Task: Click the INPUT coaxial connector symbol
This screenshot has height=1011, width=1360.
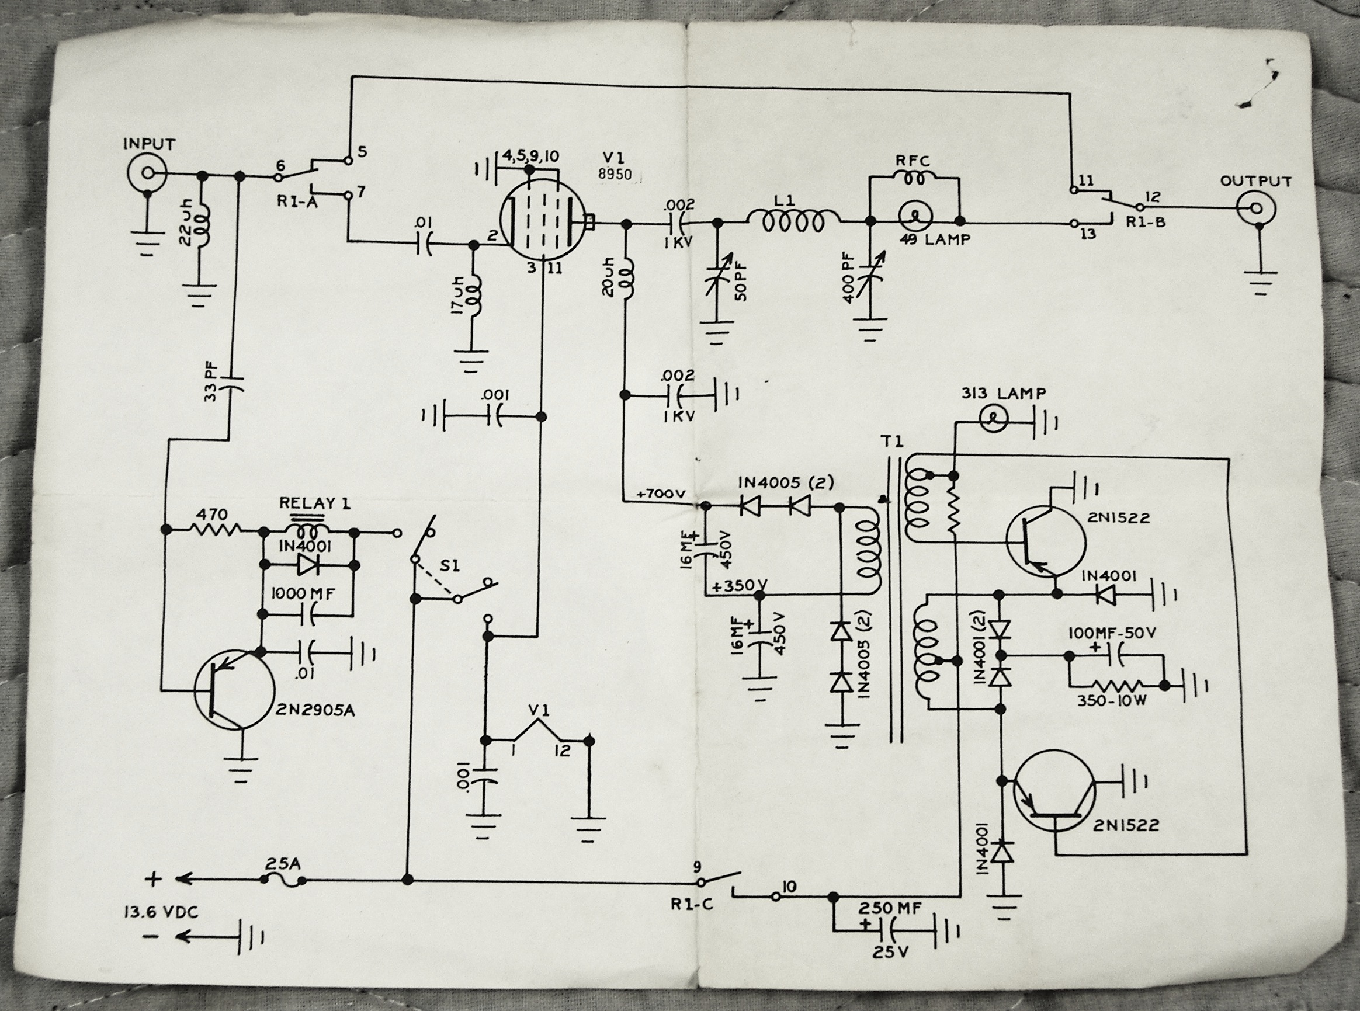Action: coord(147,173)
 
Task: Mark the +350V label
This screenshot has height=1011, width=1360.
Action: coord(739,586)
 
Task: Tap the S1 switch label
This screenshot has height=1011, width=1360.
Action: coord(450,566)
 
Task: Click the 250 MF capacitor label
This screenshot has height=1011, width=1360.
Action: coord(890,908)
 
